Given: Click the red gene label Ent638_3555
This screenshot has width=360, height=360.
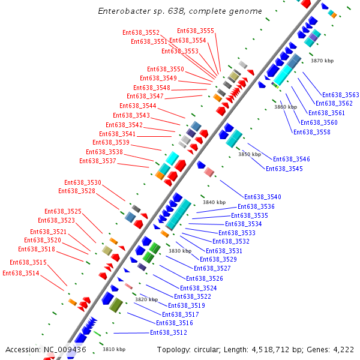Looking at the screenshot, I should tap(196, 31).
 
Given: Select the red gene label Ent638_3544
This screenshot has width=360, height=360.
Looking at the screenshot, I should tap(137, 106).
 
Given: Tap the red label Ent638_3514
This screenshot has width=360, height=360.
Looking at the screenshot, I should tap(21, 273).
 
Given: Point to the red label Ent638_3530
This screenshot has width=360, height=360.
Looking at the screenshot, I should tap(83, 182).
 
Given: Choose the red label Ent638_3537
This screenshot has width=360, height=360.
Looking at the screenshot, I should tap(98, 161).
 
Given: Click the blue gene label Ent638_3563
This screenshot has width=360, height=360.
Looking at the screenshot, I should tap(341, 95).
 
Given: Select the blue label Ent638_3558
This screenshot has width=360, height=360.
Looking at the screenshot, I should tap(311, 132).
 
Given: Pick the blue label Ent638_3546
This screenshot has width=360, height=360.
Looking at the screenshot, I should tap(292, 159).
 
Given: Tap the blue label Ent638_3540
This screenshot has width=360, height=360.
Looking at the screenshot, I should tap(263, 197).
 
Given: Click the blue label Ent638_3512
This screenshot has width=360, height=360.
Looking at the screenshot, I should tap(169, 332).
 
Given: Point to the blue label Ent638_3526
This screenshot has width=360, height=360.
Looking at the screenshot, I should tap(205, 278).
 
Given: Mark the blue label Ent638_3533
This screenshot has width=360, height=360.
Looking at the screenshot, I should tap(237, 233).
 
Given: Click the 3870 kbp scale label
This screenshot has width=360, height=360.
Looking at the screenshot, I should tap(322, 61).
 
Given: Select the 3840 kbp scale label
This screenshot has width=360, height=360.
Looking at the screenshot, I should tap(214, 202).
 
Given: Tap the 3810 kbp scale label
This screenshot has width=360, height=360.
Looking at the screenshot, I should tap(114, 349).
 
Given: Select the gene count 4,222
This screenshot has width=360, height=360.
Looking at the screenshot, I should tap(341, 349).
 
